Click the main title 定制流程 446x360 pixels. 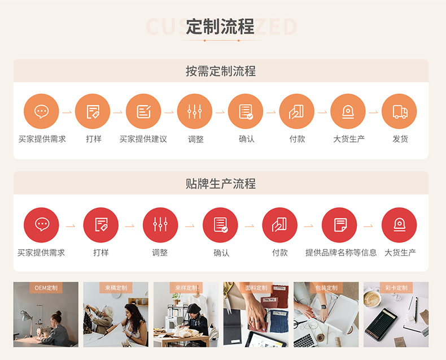[x=220, y=27]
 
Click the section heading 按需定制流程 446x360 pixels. [x=221, y=71]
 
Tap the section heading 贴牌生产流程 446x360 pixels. [x=221, y=184]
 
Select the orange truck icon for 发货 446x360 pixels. [x=399, y=111]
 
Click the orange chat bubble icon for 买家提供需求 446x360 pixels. [x=41, y=111]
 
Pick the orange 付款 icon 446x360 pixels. [x=297, y=111]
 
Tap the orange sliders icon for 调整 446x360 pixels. [x=195, y=111]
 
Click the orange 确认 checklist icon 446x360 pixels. [x=246, y=111]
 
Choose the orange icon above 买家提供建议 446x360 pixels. [x=143, y=111]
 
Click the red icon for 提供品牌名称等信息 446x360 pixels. [x=339, y=225]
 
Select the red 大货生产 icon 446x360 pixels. [x=399, y=225]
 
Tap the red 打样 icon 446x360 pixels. [x=101, y=225]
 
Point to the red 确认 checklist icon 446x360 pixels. [x=220, y=225]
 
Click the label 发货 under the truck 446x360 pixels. [x=400, y=139]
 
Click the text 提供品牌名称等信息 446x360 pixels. [x=341, y=253]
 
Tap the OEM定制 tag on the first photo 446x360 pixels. [x=46, y=288]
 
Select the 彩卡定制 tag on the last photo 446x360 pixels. [x=396, y=288]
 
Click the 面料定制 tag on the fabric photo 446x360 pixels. [x=256, y=288]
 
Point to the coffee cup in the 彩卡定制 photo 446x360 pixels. [x=373, y=299]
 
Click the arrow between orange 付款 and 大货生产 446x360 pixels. [x=322, y=112]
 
